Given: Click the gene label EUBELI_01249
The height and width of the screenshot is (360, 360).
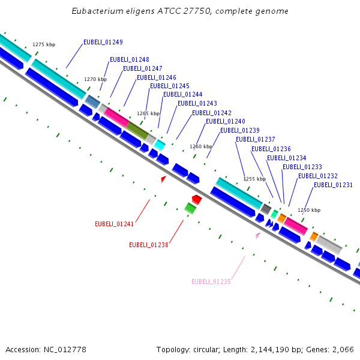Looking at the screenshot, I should click(x=103, y=42).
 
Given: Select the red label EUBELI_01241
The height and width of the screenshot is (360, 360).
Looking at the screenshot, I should click(x=114, y=224).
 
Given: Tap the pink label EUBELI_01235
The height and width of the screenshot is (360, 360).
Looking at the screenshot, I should click(x=211, y=281).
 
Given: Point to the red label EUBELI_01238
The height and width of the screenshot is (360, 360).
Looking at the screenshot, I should click(x=148, y=245).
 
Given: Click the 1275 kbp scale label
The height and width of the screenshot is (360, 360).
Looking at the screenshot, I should click(x=44, y=44).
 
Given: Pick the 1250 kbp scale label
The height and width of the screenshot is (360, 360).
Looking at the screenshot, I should click(x=309, y=210).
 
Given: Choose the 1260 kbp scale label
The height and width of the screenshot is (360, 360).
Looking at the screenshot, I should click(x=201, y=146).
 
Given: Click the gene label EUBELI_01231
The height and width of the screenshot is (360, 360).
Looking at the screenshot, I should click(x=333, y=185).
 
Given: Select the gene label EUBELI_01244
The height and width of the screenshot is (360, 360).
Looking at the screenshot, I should click(x=182, y=94).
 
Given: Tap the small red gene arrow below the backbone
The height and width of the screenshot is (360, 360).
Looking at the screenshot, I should click(x=196, y=199).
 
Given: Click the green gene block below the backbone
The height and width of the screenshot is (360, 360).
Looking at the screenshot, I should click(x=190, y=208).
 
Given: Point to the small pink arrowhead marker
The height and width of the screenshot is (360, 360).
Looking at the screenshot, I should click(x=258, y=235).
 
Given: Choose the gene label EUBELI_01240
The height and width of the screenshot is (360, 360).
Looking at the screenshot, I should click(x=225, y=121).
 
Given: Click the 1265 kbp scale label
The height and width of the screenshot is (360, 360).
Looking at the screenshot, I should click(x=148, y=113).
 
